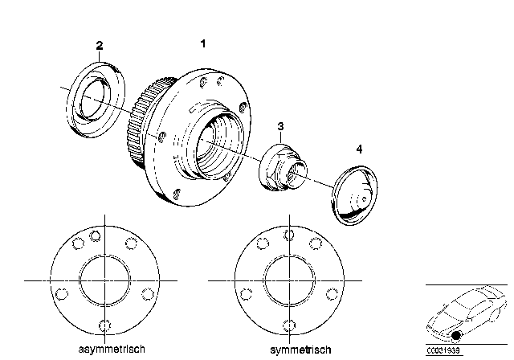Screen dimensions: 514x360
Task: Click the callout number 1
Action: pos(203,43)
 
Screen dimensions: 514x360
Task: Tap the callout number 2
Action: pos(100,46)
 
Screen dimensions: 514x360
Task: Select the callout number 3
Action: pos(280,126)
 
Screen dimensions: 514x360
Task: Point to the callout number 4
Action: pos(359,149)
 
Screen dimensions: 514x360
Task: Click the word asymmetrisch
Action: pos(112,350)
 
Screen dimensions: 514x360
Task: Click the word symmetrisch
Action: pos(300,350)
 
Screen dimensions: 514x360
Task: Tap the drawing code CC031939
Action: pos(443,350)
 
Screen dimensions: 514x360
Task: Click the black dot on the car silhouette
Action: pos(456,335)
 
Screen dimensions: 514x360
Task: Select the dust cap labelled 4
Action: pos(354,195)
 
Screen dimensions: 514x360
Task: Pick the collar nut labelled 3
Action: pos(283,167)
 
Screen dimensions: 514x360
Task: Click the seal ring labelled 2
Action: pos(96,100)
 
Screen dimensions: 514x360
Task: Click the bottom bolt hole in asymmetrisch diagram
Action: pos(104,325)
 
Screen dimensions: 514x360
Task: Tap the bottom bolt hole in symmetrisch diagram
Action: pos(289,326)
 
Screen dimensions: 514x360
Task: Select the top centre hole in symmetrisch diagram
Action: pos(289,235)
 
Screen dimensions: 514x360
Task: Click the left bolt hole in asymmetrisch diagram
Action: pos(62,294)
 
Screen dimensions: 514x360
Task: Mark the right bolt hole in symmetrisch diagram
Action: pos(332,294)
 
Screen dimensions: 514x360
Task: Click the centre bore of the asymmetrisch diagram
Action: pos(104,280)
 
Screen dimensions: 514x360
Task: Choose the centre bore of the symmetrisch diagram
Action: pos(289,280)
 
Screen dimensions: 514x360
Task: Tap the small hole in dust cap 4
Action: pos(364,198)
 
